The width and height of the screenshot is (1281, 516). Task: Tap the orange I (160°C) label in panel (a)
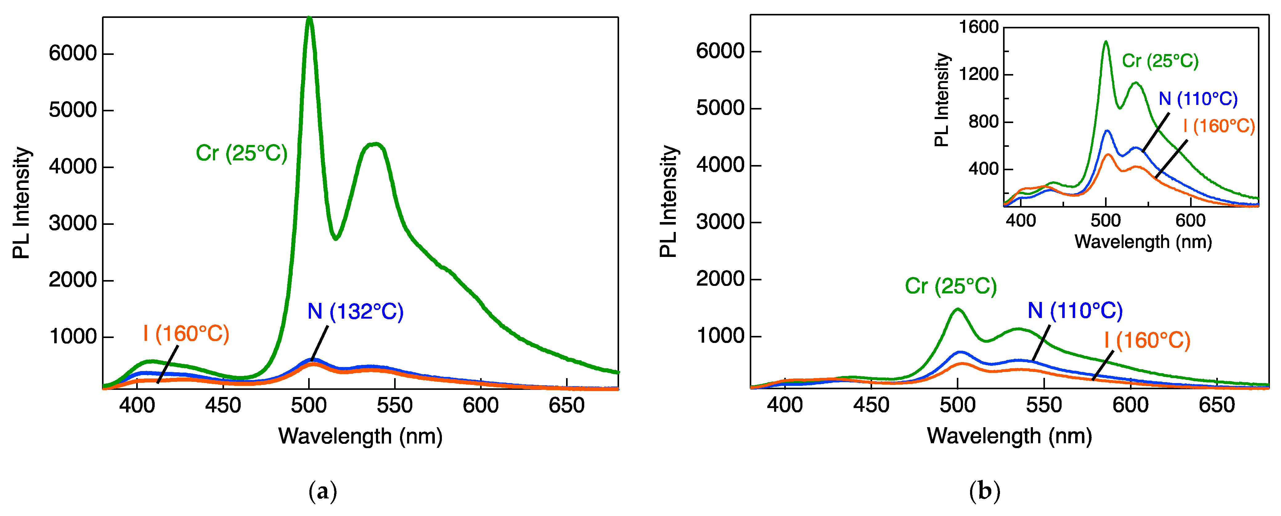186,334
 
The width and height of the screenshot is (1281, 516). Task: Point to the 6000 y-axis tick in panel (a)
73,53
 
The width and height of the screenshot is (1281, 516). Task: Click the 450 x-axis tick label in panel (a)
223,406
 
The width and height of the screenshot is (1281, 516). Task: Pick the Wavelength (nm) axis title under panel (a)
360,436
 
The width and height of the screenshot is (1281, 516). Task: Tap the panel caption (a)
323,492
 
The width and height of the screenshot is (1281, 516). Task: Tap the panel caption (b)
985,492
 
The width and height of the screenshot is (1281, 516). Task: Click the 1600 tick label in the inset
978,27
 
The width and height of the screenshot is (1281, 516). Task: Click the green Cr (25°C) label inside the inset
1160,61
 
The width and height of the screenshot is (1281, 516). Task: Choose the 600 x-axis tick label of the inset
1190,221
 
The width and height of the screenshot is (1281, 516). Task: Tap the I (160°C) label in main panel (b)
1147,341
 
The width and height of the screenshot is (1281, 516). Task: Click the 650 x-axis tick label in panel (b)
1216,406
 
